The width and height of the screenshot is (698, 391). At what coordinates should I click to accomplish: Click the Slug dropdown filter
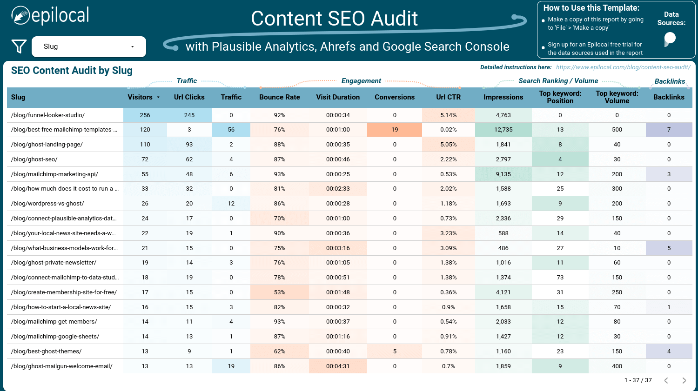point(88,46)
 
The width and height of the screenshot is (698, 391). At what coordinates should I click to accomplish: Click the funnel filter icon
point(19,46)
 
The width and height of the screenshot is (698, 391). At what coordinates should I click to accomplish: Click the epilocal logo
point(50,16)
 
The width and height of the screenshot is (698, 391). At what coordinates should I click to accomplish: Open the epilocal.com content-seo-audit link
point(623,67)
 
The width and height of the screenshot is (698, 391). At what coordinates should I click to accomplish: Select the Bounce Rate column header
point(279,97)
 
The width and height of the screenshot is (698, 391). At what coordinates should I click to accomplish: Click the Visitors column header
point(140,97)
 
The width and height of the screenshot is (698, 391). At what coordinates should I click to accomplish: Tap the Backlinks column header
point(668,97)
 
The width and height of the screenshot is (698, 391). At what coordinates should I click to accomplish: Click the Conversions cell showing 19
point(395,130)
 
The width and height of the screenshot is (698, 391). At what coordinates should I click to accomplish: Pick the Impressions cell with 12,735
point(503,130)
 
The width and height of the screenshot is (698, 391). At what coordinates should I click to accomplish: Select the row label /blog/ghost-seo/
point(34,159)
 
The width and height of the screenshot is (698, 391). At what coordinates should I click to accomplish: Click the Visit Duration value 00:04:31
point(338,366)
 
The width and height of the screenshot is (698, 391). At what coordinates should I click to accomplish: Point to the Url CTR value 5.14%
point(448,115)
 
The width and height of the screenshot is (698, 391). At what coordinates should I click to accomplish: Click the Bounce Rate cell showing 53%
point(279,292)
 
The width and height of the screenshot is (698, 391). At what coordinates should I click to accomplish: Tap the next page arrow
point(684,380)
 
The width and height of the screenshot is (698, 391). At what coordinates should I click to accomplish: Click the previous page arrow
point(666,380)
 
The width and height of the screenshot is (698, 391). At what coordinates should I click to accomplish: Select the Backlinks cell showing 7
point(669,130)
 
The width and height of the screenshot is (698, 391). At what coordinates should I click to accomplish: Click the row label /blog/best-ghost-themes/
point(47,351)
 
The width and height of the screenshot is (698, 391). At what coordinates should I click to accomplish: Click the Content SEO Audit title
point(334,19)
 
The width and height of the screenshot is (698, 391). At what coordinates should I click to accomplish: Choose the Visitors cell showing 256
point(145,115)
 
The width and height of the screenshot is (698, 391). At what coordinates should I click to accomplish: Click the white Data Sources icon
point(670,39)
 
